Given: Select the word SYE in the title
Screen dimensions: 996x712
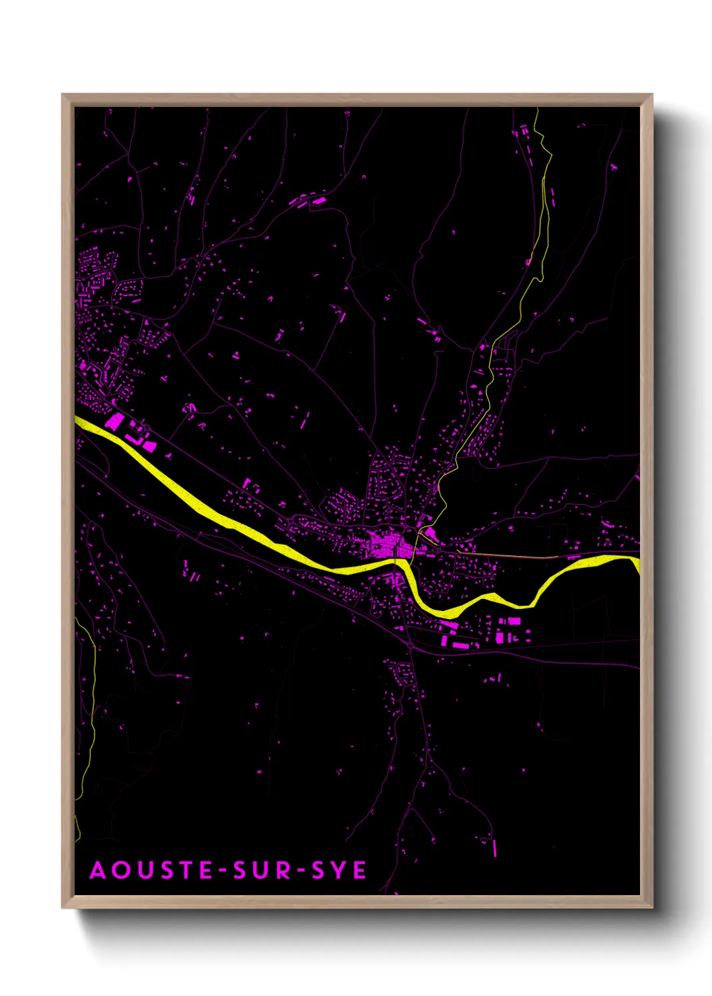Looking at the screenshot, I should [339, 870].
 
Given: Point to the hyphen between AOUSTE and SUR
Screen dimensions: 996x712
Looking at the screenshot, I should [224, 871].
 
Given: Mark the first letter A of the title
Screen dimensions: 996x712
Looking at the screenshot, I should [98, 870].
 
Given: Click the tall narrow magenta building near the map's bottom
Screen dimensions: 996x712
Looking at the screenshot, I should [495, 848].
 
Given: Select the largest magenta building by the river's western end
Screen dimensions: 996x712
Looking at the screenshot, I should [115, 423].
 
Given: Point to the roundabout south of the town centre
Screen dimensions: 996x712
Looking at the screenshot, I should [411, 647].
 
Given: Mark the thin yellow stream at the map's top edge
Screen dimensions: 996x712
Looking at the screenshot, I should [537, 118].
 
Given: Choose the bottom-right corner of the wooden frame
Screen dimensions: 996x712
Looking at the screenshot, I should [651, 906].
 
